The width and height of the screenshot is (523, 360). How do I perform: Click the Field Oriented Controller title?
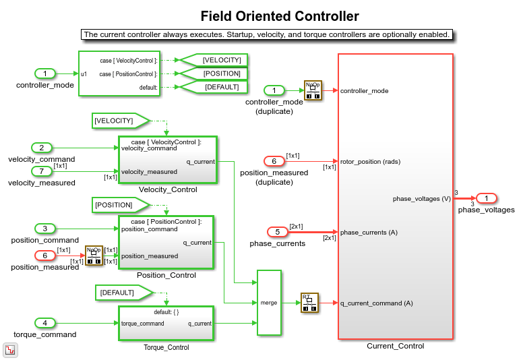(x=280, y=16)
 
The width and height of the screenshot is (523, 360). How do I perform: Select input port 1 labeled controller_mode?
(x=44, y=73)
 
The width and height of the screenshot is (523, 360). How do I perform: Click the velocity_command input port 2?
(x=41, y=148)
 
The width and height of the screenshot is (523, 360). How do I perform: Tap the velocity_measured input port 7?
(x=41, y=171)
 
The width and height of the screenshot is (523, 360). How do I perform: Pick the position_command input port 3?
(x=44, y=229)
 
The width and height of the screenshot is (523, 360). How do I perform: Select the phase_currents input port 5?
(x=277, y=232)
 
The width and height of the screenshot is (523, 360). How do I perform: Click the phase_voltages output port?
(x=486, y=198)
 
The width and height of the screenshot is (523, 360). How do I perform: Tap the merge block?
(x=269, y=303)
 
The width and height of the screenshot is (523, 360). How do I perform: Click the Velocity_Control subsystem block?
(x=167, y=160)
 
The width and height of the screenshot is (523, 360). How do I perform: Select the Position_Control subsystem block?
(x=166, y=242)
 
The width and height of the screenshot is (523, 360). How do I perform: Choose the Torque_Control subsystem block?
(x=166, y=323)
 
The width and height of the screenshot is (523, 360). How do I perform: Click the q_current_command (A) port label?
(x=376, y=303)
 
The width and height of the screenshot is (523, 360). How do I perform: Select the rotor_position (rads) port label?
(x=370, y=161)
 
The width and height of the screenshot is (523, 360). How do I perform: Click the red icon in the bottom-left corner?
(x=10, y=350)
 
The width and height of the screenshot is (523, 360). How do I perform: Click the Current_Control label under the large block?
(x=395, y=346)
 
